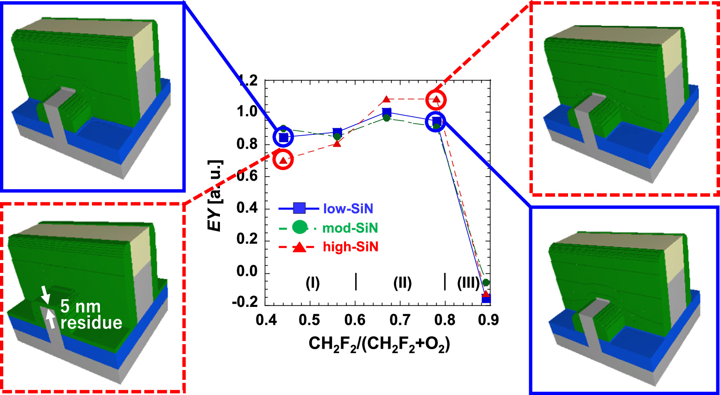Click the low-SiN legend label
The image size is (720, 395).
[x=348, y=209]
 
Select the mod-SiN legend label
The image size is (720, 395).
[x=350, y=228]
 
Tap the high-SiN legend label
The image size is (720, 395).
[x=351, y=247]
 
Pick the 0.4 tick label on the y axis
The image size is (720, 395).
[x=247, y=208]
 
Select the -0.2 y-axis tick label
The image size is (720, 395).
[x=245, y=302]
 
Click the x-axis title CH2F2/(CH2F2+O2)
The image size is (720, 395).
[x=379, y=344]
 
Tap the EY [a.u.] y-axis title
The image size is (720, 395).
[x=215, y=195]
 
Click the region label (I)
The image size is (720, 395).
[x=312, y=283]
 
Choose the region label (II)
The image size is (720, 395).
[x=402, y=283]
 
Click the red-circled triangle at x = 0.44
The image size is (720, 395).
[x=283, y=160]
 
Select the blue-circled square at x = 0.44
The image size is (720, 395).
[x=283, y=137]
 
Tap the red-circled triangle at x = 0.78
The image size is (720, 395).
[x=436, y=99]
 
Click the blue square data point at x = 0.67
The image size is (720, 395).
[x=386, y=112]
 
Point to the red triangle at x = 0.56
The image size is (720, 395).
[x=337, y=143]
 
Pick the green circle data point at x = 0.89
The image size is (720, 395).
[x=486, y=282]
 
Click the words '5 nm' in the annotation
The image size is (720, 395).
[x=80, y=306]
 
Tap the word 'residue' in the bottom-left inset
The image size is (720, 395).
[x=91, y=323]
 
